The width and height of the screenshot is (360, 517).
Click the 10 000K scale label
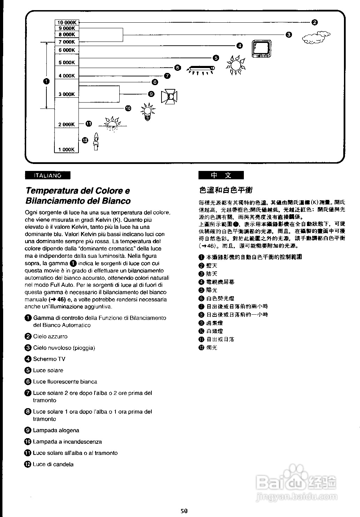[66, 22]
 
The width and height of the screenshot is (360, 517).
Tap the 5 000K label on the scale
[66, 63]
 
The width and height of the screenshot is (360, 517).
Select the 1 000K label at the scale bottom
[66, 150]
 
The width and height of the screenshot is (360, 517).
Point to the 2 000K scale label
[66, 125]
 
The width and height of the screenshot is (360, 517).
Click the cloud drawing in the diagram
[316, 37]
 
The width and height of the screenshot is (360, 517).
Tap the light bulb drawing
[148, 111]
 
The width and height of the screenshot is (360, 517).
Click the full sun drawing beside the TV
[235, 65]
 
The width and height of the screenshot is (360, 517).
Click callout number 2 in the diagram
[314, 23]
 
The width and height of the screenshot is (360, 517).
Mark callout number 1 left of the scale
[46, 81]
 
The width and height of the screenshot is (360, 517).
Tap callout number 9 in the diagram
[151, 94]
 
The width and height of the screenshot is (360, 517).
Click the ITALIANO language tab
[47, 175]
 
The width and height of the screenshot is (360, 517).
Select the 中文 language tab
[221, 175]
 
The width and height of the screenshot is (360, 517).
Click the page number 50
[184, 511]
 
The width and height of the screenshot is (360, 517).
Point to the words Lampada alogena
[56, 430]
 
